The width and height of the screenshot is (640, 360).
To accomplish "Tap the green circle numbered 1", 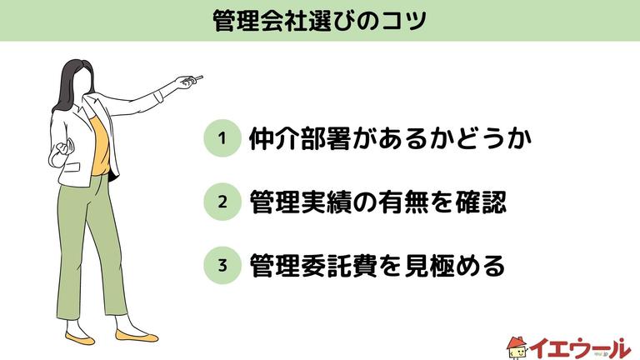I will (x=222, y=139).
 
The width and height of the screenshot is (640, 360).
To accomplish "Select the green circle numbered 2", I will (x=222, y=202).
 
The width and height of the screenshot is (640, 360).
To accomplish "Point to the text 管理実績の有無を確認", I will (x=377, y=202).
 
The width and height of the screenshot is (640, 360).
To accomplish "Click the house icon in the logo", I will (x=517, y=343).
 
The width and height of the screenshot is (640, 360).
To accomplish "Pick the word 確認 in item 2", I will (x=482, y=202).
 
